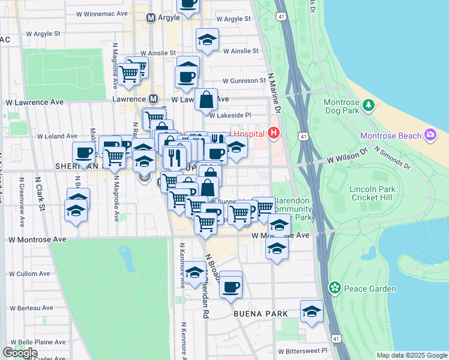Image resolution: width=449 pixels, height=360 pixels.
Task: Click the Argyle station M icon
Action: pos(151,19)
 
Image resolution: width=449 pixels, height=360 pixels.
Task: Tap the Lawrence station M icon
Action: pos(153,99)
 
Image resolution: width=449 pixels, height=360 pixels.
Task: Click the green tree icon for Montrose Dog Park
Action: pos(369,106)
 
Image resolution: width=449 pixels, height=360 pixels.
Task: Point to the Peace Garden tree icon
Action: pos(335,289)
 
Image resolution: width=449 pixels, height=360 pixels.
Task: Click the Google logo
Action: pos(20,353)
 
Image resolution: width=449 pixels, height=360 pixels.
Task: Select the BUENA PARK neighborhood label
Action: pos(261,314)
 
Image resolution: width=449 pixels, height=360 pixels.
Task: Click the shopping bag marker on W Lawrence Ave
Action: pos(206,101)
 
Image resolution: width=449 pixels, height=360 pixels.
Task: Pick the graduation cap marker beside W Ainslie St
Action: pos(208,40)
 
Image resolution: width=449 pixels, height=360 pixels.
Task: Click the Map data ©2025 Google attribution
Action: pos(411,355)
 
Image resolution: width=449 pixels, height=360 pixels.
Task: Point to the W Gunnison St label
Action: pos(244,80)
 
